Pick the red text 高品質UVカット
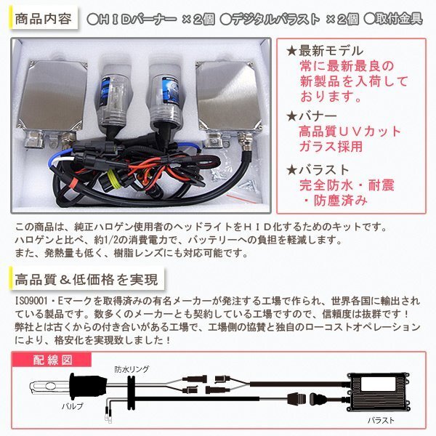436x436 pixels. (x=350, y=132)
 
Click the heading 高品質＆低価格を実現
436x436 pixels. (x=87, y=278)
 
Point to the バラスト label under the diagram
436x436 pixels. (x=381, y=421)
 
